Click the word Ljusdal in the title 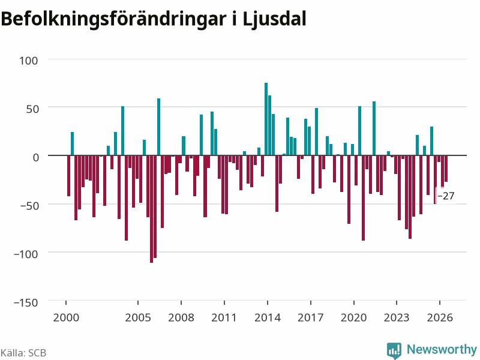pos(274,19)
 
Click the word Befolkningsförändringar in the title pos(113,19)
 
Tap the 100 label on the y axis pos(29,61)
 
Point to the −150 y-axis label pos(26,303)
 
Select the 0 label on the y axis pos(36,157)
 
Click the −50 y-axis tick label pos(29,206)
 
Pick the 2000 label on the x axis pos(66,317)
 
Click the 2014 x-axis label pos(268,317)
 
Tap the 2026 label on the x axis pos(440,317)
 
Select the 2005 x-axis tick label pos(138,317)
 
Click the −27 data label pos(446,196)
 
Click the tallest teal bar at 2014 pos(266,119)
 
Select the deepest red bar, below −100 pos(152,209)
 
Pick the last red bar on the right pos(446,169)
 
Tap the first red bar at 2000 pos(68,176)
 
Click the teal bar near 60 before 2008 pos(158,127)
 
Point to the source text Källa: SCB pos(23,353)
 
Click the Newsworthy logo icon pos(394,350)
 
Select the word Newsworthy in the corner pos(442,349)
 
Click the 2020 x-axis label pos(353,317)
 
